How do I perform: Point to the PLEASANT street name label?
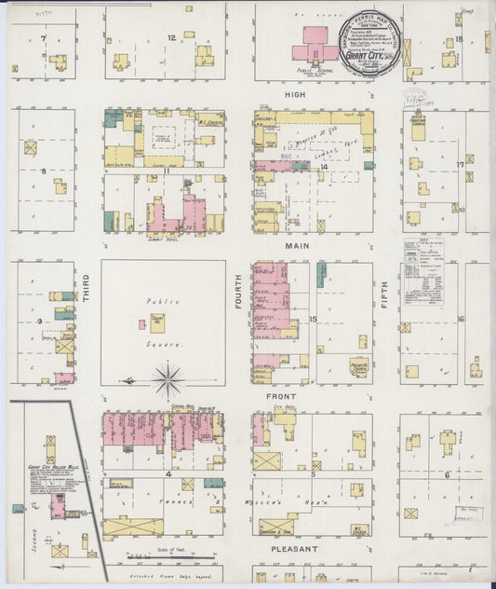(296, 550)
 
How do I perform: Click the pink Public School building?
(315, 46)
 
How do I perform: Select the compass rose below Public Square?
(168, 379)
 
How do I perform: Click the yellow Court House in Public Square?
(157, 322)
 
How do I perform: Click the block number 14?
(324, 166)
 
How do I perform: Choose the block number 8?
(42, 171)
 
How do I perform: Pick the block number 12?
(170, 38)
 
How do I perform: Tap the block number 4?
(169, 474)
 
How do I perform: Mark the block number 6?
(447, 474)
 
